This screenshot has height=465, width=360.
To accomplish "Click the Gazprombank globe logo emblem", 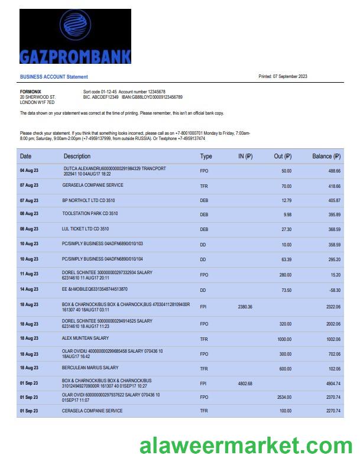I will [x=75, y=26].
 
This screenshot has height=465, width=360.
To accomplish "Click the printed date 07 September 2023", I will [x=283, y=76].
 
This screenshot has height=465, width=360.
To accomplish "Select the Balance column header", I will [x=326, y=157].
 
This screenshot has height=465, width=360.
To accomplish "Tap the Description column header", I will [x=77, y=157].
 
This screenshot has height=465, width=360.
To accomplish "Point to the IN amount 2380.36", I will [x=245, y=307].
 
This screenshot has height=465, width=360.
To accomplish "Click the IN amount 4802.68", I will [x=245, y=383].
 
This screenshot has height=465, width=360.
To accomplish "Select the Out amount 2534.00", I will [x=284, y=398].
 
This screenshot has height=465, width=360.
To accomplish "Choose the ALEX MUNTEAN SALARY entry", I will [x=85, y=339].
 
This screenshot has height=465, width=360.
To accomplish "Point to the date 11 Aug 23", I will [x=29, y=274].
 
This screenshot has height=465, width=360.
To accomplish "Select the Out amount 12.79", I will [x=287, y=200].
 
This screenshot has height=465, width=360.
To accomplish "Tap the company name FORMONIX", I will [x=31, y=92].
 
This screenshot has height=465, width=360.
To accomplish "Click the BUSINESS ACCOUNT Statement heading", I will [x=54, y=77].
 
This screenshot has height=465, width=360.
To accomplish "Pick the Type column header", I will [x=206, y=157].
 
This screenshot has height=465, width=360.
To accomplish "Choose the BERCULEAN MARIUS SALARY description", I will [x=90, y=368].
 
